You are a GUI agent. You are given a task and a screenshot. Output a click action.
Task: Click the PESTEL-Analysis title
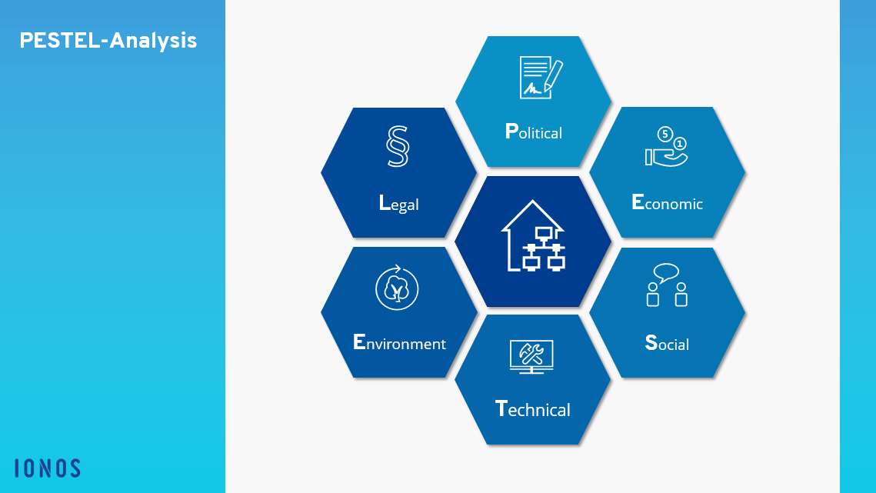click(x=108, y=41)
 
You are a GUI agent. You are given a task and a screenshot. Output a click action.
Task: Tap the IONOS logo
click(x=48, y=468)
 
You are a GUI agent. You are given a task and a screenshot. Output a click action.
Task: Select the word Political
click(x=534, y=132)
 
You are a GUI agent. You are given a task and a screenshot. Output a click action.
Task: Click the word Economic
click(x=667, y=202)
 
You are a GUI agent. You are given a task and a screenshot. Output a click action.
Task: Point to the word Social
click(x=667, y=343)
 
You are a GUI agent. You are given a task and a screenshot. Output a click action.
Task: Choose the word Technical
click(x=533, y=408)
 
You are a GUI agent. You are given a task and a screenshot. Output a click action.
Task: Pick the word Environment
click(x=399, y=342)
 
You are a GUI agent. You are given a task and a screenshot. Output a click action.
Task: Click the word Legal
click(x=399, y=204)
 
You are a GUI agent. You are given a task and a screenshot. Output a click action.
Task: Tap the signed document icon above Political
click(x=541, y=77)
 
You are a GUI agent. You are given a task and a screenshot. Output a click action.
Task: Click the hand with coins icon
click(x=667, y=147)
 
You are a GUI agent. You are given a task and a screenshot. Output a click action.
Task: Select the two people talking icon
click(x=667, y=285)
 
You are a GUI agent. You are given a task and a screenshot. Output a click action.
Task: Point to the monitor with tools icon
click(x=532, y=357)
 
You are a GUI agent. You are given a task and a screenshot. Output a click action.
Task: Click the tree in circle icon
click(x=397, y=288)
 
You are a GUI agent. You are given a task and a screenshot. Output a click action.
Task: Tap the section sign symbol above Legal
click(x=398, y=146)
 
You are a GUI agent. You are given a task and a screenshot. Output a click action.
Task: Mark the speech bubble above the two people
click(x=666, y=273)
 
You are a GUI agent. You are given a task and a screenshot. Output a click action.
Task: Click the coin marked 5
click(x=664, y=134)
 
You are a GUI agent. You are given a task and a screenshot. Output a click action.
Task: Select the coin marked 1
click(x=680, y=145)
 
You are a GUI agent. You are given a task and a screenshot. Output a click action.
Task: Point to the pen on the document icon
click(x=553, y=76)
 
